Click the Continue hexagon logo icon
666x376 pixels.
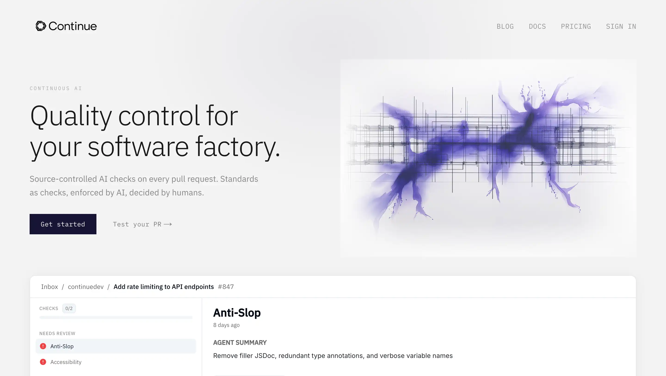tap(41, 26)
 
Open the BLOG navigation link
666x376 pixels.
tap(505, 26)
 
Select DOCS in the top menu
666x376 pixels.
tap(537, 26)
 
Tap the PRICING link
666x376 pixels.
tap(576, 26)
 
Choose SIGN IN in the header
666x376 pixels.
tap(621, 26)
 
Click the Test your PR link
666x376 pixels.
tap(142, 224)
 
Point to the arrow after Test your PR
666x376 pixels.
tap(168, 224)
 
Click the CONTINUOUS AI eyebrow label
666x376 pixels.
tap(56, 88)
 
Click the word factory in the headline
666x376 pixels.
tap(237, 147)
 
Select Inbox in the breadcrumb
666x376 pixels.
tap(49, 286)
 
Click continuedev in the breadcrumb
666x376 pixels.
tap(86, 286)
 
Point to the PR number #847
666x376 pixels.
tap(226, 286)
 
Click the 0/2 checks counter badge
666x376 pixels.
tap(69, 308)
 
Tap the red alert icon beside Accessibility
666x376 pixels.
tap(43, 362)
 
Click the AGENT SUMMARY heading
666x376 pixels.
tap(240, 342)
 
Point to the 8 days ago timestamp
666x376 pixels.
tap(226, 325)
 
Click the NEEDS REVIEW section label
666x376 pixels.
tap(57, 333)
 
